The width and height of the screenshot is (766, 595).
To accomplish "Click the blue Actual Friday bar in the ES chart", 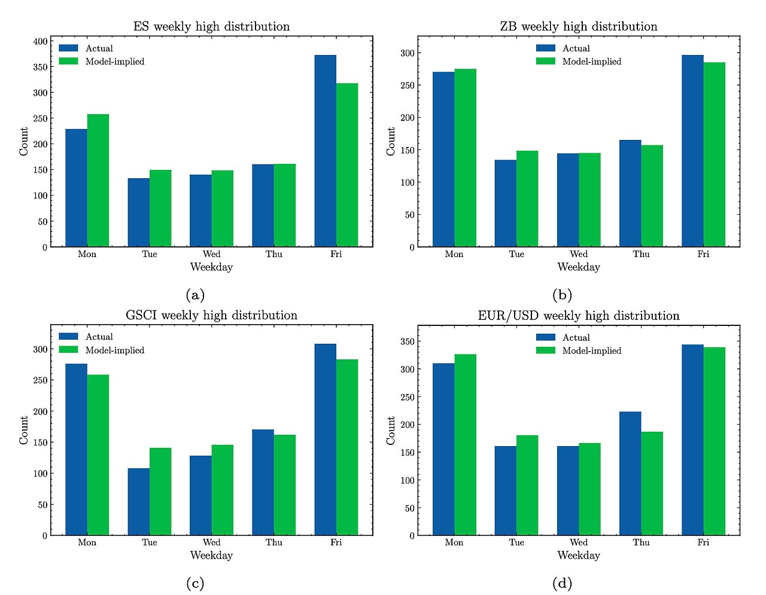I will click(x=325, y=151).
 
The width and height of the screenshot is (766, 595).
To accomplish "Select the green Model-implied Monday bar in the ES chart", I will click(x=98, y=181).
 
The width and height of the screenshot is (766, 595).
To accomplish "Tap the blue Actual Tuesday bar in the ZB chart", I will click(x=506, y=203).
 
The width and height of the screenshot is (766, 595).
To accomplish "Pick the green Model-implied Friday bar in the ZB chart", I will click(x=714, y=154).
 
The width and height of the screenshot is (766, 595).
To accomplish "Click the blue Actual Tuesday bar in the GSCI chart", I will click(x=138, y=502).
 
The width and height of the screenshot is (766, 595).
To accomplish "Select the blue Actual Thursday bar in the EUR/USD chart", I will click(x=630, y=474).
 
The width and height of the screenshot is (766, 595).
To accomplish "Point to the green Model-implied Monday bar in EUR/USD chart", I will click(x=466, y=445).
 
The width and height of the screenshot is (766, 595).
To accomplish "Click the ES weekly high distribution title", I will click(x=211, y=26).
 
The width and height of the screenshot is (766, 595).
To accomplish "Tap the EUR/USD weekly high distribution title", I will click(x=578, y=315).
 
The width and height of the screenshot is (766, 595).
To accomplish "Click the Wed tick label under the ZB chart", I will click(x=579, y=254).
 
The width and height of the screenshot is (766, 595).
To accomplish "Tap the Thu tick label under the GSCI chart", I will click(x=274, y=542).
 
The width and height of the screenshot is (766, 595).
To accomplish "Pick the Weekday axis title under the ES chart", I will click(x=211, y=267).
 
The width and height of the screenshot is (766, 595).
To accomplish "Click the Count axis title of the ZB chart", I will click(x=391, y=142).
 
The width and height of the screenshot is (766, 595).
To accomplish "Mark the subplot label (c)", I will click(x=195, y=584).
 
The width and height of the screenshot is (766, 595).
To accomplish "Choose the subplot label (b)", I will click(x=563, y=295).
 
